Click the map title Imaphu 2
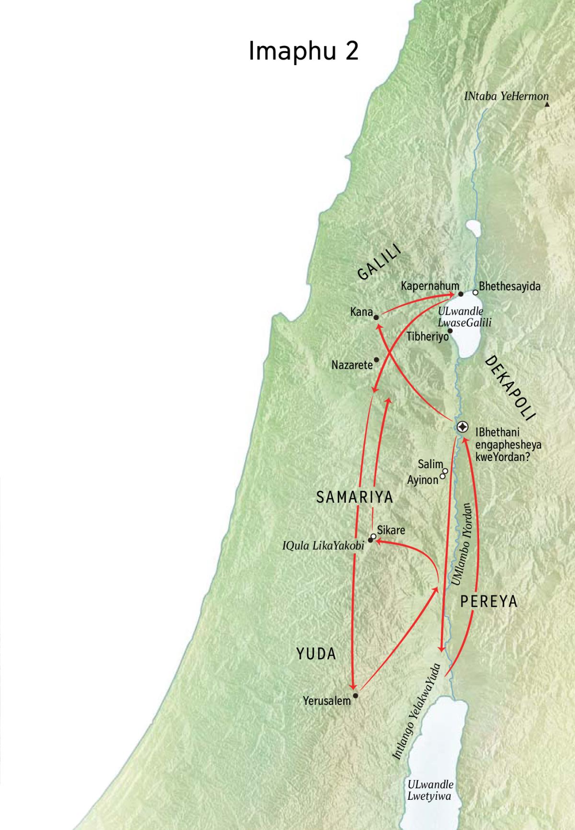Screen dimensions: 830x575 [303, 51]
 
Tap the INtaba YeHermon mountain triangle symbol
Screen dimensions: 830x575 [547, 104]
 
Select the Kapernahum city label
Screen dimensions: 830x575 [430, 286]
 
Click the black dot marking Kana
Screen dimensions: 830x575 [376, 317]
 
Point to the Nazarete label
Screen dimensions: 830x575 [352, 365]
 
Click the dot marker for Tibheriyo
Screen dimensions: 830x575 [450, 330]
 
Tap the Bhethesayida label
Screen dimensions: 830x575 [509, 287]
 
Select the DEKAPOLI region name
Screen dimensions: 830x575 [511, 387]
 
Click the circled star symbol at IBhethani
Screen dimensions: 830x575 [462, 427]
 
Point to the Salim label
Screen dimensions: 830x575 [430, 464]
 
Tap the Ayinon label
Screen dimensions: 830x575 [422, 480]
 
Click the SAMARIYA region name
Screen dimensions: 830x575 [355, 497]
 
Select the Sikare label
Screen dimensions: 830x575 [391, 530]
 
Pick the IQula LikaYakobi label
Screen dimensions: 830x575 [323, 545]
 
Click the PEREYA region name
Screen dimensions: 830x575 [489, 601]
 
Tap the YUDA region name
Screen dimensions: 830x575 [316, 654]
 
